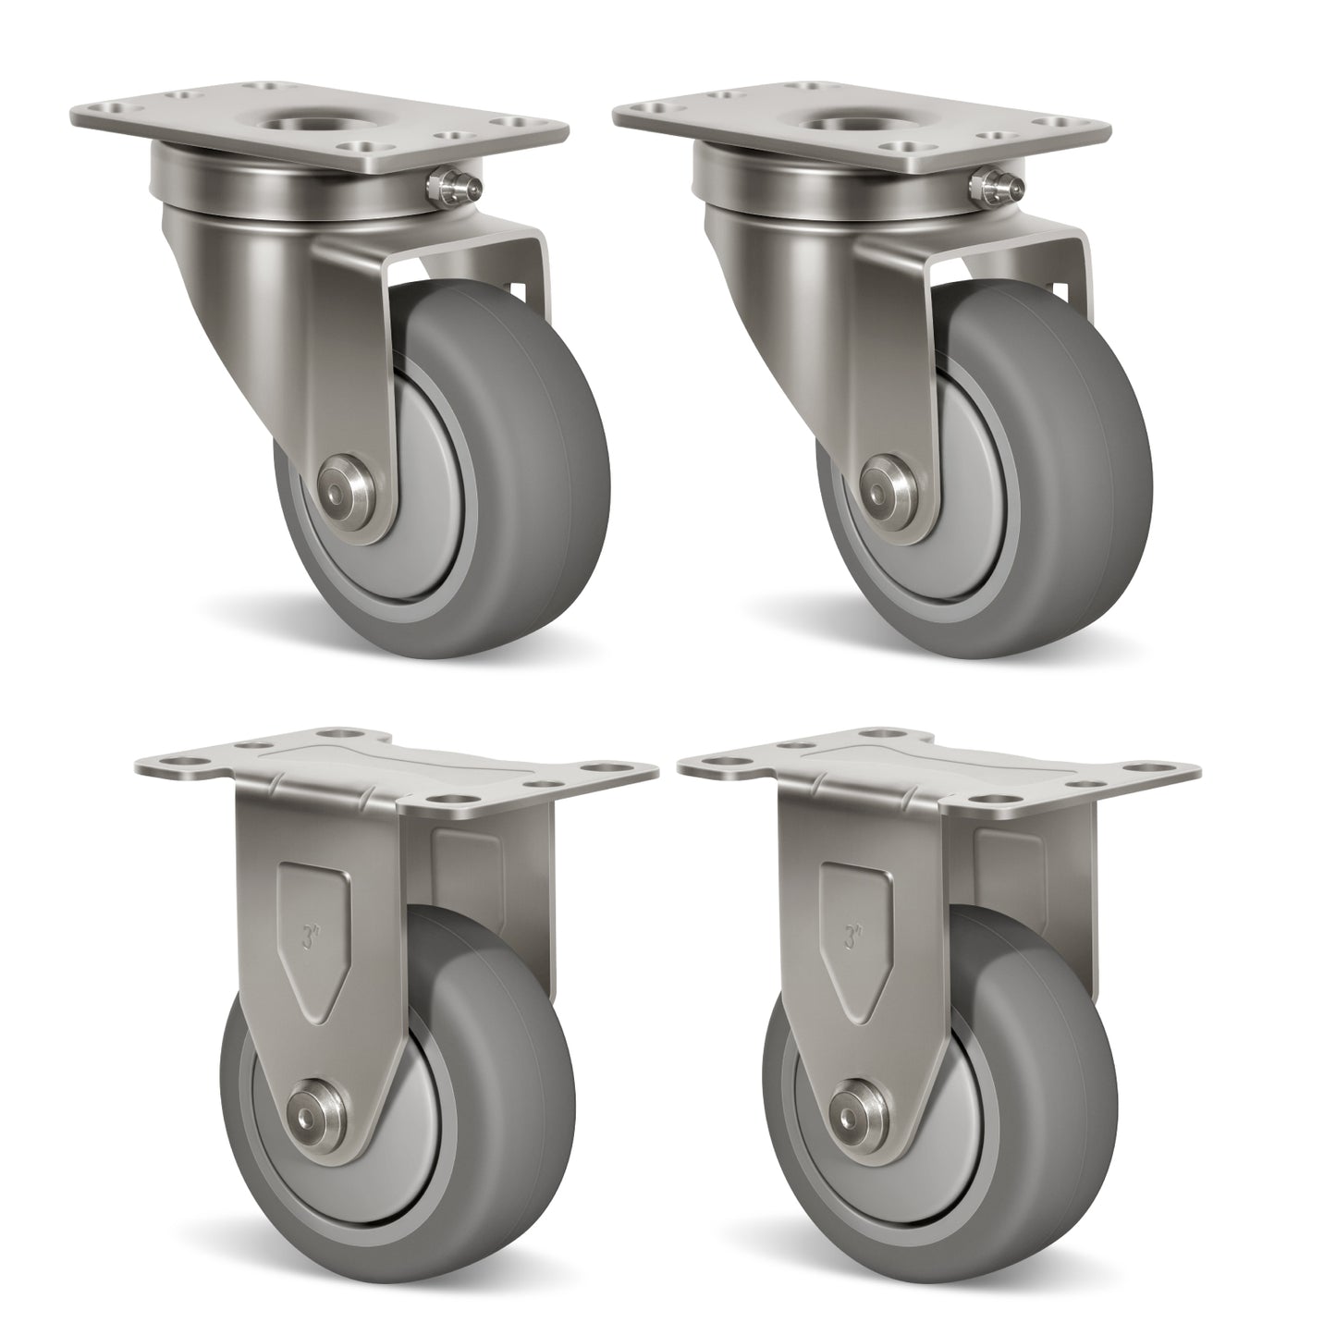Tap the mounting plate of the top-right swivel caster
[740, 129]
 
